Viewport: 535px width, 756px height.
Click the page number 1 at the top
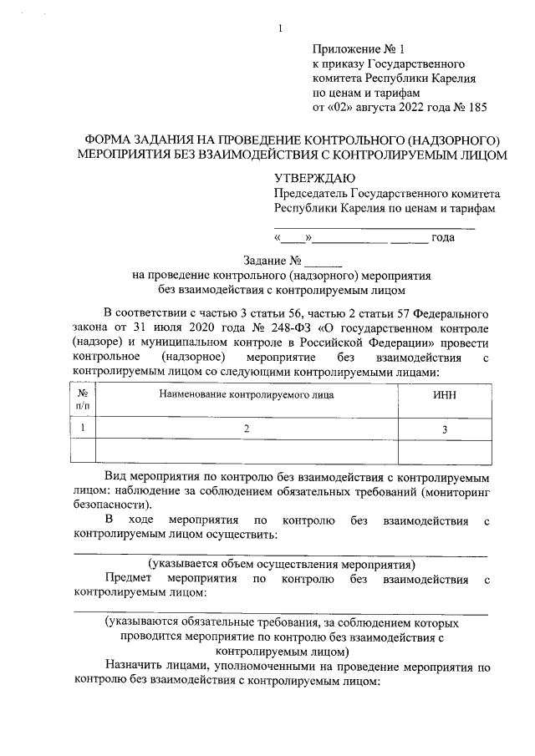[x=281, y=30]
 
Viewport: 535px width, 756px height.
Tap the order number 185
[x=476, y=107]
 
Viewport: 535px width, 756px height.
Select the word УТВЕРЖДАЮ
[x=314, y=178]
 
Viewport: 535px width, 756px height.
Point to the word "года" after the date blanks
[x=442, y=239]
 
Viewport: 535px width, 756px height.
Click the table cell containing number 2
[x=247, y=429]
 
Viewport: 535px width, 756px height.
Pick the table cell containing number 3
[x=445, y=429]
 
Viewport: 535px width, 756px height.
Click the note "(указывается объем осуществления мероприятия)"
[x=282, y=564]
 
